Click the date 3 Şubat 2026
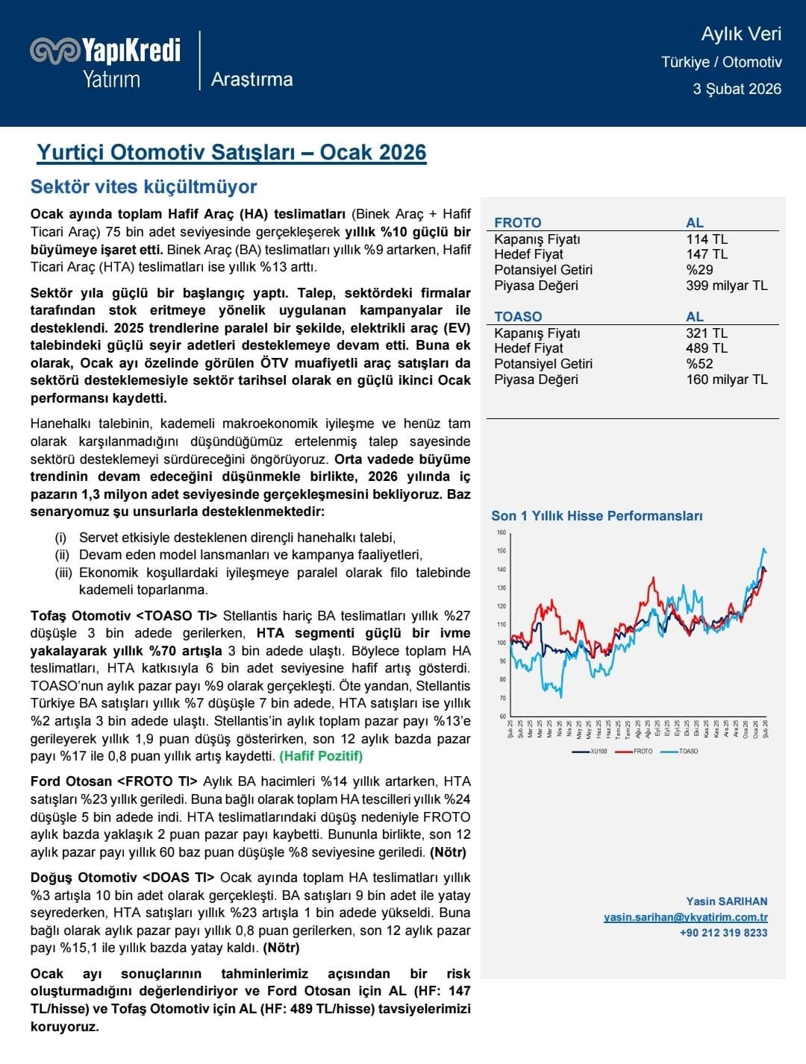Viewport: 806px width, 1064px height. pos(737,89)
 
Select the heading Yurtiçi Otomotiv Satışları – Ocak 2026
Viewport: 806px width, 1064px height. pos(231,152)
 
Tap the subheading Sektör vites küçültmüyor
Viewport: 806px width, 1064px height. pos(143,186)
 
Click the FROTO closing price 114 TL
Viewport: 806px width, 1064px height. pos(706,239)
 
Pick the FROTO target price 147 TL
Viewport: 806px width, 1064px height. pos(706,254)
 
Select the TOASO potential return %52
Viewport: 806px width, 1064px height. pos(699,364)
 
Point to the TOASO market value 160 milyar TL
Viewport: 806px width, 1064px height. pos(726,380)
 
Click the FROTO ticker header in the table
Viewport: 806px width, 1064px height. pos(517,222)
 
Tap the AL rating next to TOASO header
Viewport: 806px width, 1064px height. pos(694,316)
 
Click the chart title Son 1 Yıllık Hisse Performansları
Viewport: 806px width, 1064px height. pos(596,516)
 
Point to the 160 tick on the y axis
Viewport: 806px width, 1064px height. pos(501,532)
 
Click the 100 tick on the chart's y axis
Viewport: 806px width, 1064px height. pos(501,643)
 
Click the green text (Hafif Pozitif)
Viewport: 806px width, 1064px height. pos(321,756)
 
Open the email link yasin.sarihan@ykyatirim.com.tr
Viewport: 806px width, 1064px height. pos(685,917)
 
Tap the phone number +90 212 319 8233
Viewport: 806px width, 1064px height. pos(723,933)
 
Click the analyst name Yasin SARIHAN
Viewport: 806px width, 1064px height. pos(726,901)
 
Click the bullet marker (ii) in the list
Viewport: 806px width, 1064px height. pos(62,555)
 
